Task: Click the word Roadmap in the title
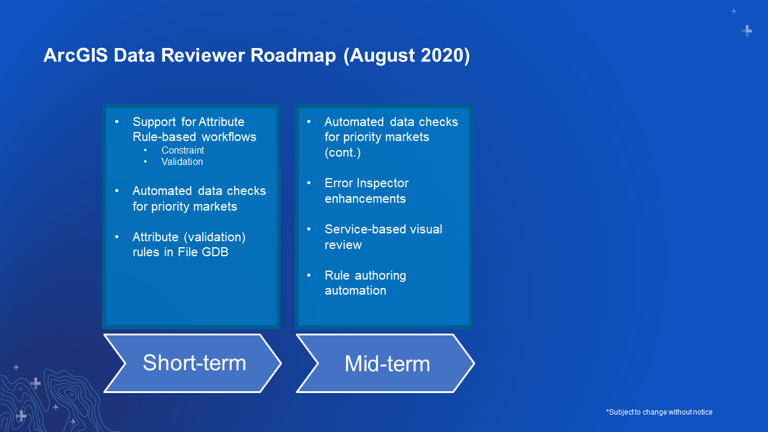click(x=293, y=56)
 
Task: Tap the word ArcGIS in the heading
click(x=76, y=56)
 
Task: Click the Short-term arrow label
click(x=194, y=363)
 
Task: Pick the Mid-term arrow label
click(x=387, y=364)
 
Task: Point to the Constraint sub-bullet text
click(x=183, y=150)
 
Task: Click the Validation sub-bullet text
click(x=182, y=162)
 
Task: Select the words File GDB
click(x=203, y=252)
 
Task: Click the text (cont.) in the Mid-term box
click(x=343, y=152)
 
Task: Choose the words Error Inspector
click(x=367, y=183)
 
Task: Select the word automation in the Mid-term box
click(x=355, y=291)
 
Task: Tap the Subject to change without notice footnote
click(x=659, y=412)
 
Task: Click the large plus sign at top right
click(x=747, y=31)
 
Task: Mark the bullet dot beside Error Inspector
click(x=309, y=183)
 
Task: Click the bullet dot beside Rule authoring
click(x=309, y=275)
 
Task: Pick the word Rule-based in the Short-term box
click(x=164, y=137)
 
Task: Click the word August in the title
click(x=382, y=56)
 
